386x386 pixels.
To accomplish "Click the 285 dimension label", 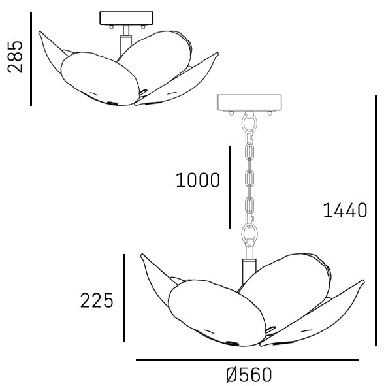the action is pyautogui.click(x=15, y=57).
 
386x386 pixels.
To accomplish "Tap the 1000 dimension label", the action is pyautogui.click(x=198, y=180).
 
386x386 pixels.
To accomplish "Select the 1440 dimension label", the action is pyautogui.click(x=345, y=210).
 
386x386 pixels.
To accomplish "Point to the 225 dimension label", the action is pyautogui.click(x=97, y=300).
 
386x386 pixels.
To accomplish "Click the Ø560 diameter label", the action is pyautogui.click(x=249, y=375).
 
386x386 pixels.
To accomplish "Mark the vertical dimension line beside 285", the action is pyautogui.click(x=31, y=59).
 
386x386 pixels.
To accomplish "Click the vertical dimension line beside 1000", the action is pyautogui.click(x=230, y=187).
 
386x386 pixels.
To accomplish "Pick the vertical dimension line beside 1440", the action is pyautogui.click(x=376, y=221).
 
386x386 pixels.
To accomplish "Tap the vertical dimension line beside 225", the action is pyautogui.click(x=124, y=298).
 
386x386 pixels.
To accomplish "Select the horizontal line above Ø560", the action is pyautogui.click(x=248, y=360).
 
